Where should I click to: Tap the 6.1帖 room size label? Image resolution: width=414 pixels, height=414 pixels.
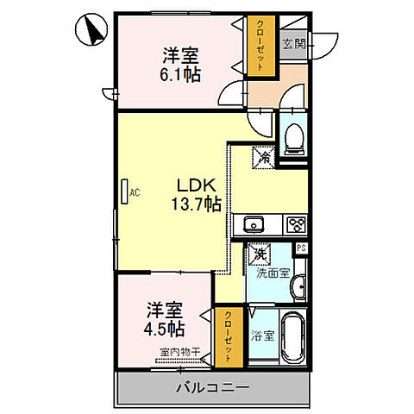pos(182,75)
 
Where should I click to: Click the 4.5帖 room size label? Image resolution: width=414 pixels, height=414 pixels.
pos(164,329)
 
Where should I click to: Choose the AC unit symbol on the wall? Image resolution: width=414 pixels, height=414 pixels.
pos(126,191)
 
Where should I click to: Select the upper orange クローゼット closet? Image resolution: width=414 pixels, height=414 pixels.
pos(258,48)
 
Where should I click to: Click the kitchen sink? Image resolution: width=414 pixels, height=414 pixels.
pos(254,225)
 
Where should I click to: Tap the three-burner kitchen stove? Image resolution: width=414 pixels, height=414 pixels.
pos(295,225)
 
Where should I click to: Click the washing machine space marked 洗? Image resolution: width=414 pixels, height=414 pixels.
pos(260,255)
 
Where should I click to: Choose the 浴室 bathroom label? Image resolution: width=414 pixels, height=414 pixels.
pos(263,336)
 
